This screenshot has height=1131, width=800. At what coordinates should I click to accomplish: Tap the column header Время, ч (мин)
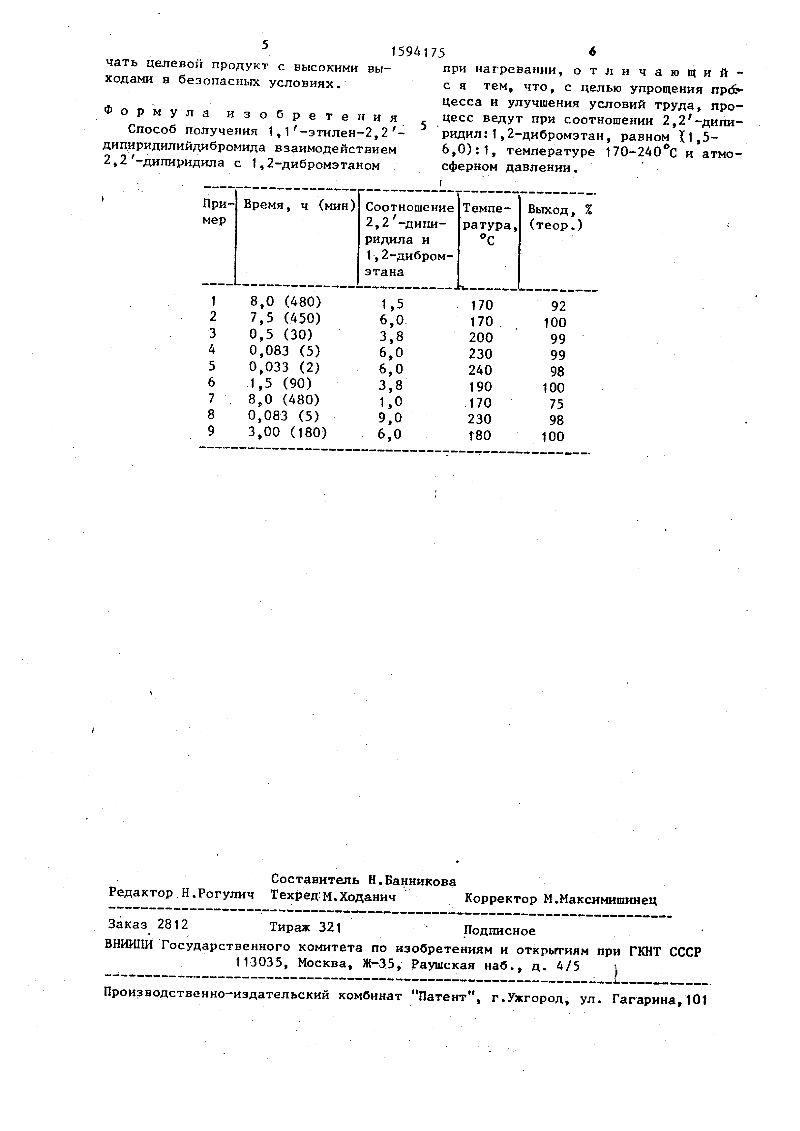pyautogui.click(x=299, y=205)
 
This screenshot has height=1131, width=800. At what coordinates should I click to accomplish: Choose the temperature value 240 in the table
pyautogui.click(x=480, y=370)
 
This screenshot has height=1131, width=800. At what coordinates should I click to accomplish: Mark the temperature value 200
pyautogui.click(x=481, y=337)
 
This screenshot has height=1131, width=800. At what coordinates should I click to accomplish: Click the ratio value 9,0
pyautogui.click(x=392, y=418)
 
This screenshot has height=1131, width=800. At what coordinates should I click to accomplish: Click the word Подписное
pyautogui.click(x=499, y=930)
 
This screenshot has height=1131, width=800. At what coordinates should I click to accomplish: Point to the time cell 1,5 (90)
pyautogui.click(x=280, y=383)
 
